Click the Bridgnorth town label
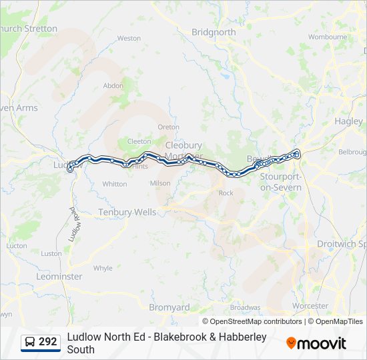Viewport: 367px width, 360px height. pos(214,32)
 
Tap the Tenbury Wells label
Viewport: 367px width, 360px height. pos(127,212)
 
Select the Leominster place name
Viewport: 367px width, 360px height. pos(59,276)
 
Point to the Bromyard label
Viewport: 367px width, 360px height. pos(169,308)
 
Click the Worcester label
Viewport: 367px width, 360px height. pos(310,306)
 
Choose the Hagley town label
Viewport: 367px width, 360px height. pos(349,121)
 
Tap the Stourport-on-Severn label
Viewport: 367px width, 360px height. pos(281,182)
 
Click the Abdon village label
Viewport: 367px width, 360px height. pos(113,85)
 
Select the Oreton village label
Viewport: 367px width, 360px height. pos(168,127)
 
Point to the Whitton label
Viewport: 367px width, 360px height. pos(115,184)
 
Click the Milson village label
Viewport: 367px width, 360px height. pos(160,183)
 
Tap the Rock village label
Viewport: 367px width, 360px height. pos(226,193)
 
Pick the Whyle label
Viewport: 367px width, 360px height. pos(103,268)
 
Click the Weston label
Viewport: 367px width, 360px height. pos(129,39)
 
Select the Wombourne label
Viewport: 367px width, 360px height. pos(327,37)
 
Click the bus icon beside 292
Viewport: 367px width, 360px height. pos(30,343)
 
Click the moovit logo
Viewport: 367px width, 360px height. pos(316,343)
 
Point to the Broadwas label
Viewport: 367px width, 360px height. pos(245,307)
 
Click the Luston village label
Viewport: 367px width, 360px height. pos(51,253)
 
